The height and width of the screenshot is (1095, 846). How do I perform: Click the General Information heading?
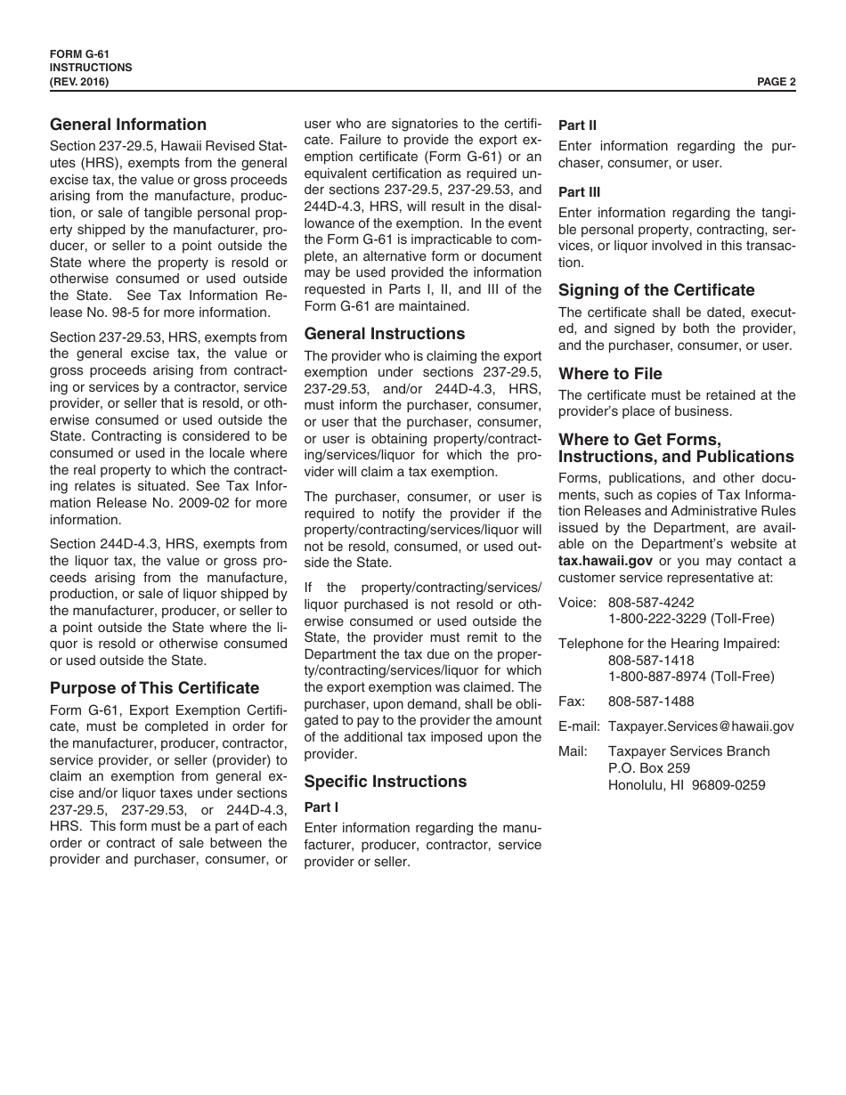click(x=128, y=125)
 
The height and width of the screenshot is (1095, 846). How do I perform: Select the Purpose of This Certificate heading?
click(x=155, y=688)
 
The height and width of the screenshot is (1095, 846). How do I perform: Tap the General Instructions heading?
click(x=385, y=334)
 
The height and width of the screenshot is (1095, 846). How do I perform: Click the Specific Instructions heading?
click(x=386, y=782)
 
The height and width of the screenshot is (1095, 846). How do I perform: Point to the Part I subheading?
click(x=321, y=807)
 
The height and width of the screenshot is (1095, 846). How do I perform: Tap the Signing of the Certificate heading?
click(x=656, y=290)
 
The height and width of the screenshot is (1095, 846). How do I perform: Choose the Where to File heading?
click(x=610, y=374)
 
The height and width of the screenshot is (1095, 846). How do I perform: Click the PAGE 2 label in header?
click(x=776, y=82)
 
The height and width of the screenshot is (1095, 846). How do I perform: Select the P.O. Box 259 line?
click(x=649, y=768)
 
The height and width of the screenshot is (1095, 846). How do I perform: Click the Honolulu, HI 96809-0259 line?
click(x=687, y=785)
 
